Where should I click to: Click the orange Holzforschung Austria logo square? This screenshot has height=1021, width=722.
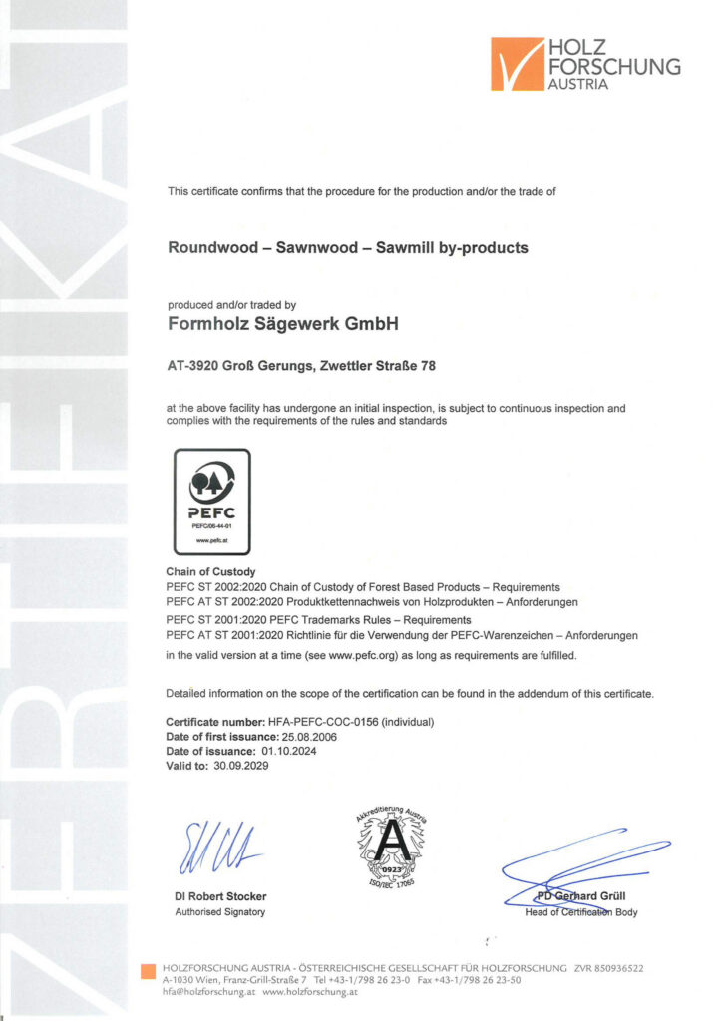(518, 64)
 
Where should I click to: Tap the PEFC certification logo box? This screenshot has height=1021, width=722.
(212, 501)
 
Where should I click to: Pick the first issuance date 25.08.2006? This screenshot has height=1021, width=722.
(301, 736)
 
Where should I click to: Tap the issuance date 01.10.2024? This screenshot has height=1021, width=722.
(296, 751)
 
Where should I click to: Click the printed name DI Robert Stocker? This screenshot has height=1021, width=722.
(220, 896)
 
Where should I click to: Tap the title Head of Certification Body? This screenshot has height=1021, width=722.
(580, 912)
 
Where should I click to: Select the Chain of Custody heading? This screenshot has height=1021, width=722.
(211, 572)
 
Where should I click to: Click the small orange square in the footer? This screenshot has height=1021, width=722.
(149, 970)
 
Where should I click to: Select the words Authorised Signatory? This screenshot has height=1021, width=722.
(219, 912)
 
